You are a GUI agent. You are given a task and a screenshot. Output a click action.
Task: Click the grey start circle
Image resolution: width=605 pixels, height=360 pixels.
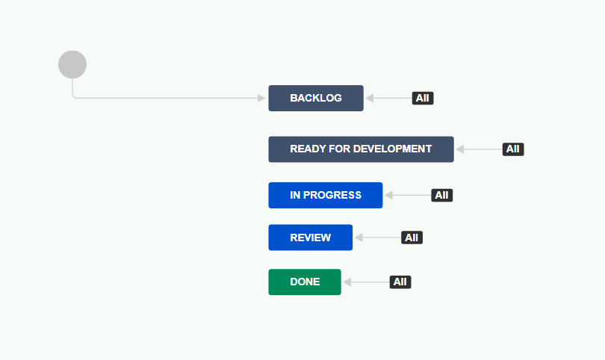coord(72,64)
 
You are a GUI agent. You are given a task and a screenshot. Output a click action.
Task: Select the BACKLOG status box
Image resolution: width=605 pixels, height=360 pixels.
coord(316,98)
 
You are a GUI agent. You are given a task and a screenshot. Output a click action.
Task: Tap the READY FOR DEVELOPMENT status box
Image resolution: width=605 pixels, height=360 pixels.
coord(361,149)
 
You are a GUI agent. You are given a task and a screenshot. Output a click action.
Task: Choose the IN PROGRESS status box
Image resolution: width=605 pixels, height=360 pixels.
coord(326,195)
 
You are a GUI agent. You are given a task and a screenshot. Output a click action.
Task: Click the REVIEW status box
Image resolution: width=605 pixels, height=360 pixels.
coord(310,238)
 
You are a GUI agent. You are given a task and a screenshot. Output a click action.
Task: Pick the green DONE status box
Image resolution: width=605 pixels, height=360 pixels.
coord(305,282)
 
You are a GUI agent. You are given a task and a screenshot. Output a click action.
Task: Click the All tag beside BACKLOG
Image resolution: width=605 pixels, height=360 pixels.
coord(423,98)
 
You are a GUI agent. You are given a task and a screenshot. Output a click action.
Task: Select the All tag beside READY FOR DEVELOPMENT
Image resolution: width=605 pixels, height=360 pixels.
coord(512,149)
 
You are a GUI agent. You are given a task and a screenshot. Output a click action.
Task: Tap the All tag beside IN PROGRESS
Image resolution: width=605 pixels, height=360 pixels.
coord(441,195)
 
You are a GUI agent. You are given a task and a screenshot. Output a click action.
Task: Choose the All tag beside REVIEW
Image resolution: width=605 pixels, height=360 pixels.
coord(412,238)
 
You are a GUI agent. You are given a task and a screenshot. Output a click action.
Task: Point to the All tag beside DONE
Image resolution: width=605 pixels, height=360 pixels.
coord(400,282)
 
